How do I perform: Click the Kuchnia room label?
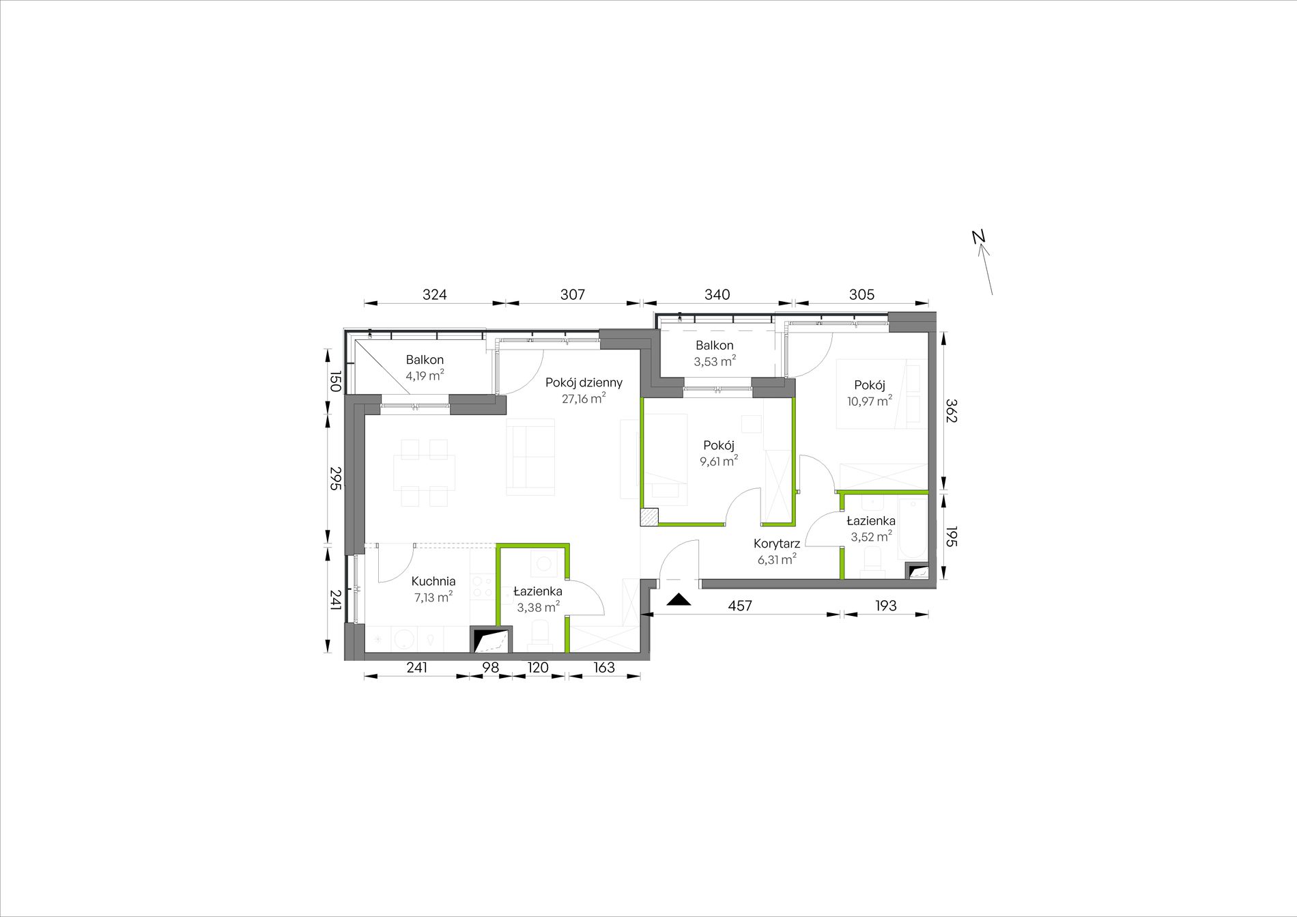(x=433, y=581)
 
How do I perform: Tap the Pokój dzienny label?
(x=584, y=383)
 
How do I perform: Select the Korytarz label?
(x=777, y=544)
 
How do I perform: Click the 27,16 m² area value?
(x=584, y=399)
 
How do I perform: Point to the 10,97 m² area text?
(x=870, y=401)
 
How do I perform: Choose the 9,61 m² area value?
(x=719, y=461)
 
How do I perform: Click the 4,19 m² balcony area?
(x=425, y=375)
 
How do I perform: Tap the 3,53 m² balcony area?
(x=715, y=361)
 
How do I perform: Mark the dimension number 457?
(x=740, y=606)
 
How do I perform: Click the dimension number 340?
(x=717, y=294)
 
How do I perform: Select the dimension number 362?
(x=951, y=411)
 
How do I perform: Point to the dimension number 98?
(x=491, y=667)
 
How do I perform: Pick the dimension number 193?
(x=886, y=606)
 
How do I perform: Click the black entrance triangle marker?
(x=679, y=600)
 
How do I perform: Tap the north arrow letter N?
(x=979, y=236)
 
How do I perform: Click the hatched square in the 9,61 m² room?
(x=649, y=517)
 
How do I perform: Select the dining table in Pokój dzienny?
(x=424, y=472)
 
